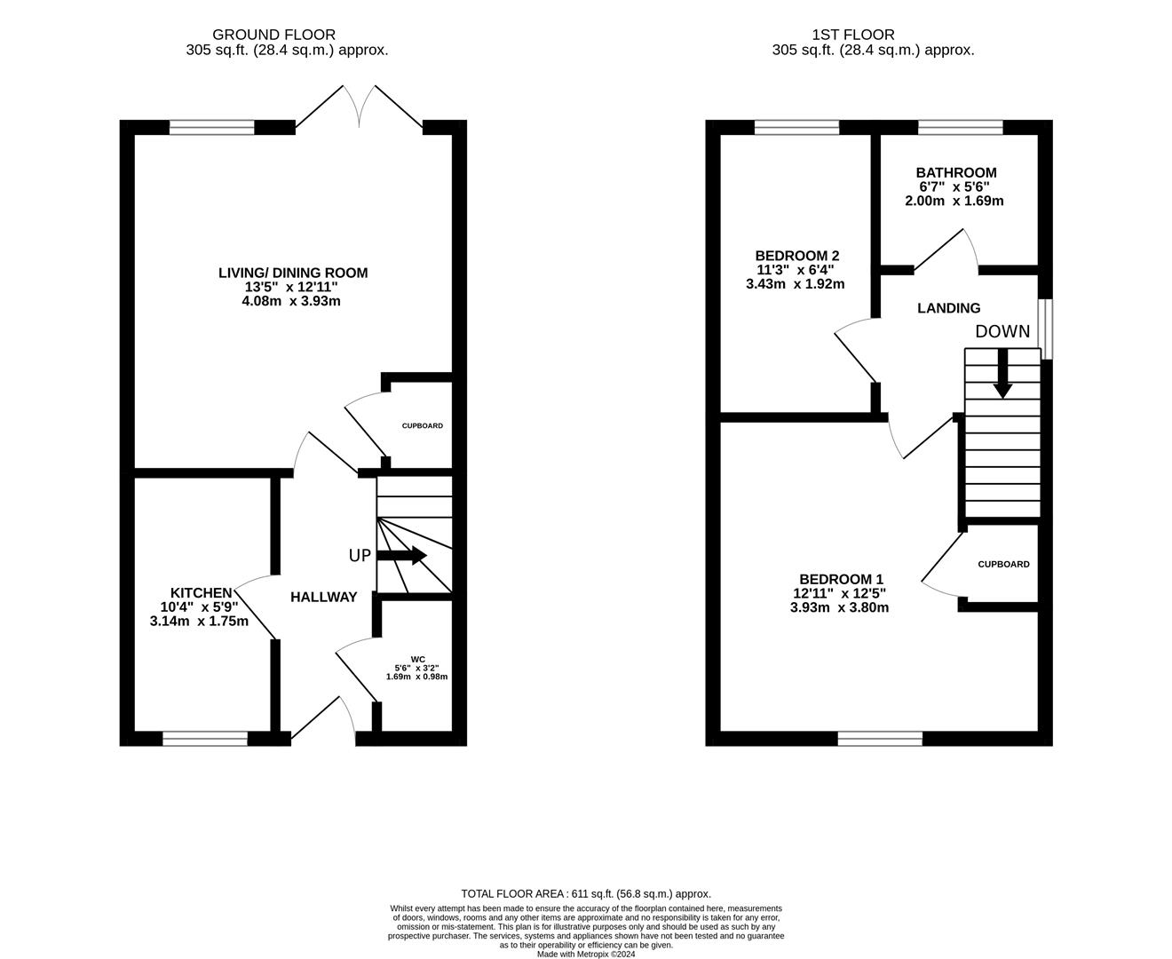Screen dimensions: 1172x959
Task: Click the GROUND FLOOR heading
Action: (274, 35)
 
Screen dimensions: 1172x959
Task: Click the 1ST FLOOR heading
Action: (853, 35)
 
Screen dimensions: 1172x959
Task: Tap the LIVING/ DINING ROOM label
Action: (293, 273)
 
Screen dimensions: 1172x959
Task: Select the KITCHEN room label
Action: (202, 592)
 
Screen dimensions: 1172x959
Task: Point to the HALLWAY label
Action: (324, 597)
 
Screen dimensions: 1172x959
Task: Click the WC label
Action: (418, 660)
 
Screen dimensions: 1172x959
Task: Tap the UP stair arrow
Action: (402, 555)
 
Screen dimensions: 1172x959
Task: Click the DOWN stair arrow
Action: (1002, 373)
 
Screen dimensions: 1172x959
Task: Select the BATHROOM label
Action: (956, 172)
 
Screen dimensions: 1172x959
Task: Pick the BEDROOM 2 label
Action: (797, 256)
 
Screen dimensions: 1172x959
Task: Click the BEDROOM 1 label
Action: (841, 579)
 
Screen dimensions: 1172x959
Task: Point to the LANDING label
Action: (948, 308)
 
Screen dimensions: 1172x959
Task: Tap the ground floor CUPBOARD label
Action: (423, 426)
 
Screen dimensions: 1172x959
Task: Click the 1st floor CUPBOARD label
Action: (1003, 564)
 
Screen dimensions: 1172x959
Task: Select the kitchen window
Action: (205, 738)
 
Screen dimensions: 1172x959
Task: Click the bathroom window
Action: (961, 127)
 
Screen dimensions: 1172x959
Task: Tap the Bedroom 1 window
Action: (880, 738)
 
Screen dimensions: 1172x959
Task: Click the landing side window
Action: (1045, 329)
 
